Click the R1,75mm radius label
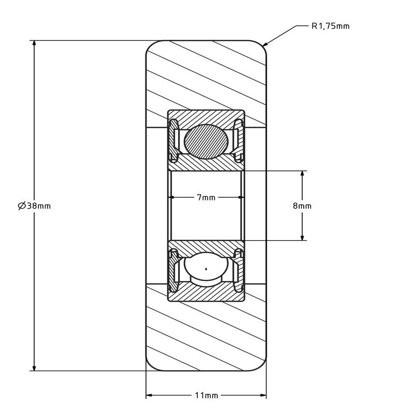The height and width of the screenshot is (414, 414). tap(330, 26)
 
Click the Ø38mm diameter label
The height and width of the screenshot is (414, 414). tap(35, 205)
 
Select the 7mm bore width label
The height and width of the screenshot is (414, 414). tap(206, 198)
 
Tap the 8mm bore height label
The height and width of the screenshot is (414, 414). tap(302, 205)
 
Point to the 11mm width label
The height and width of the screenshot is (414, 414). tap(206, 396)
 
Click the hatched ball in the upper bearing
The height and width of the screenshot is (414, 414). tap(206, 141)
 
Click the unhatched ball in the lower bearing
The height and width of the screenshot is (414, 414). tap(206, 269)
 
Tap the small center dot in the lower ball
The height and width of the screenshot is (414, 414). tap(206, 269)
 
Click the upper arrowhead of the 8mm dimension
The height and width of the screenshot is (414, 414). tap(302, 174)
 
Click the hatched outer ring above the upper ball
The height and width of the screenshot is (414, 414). tap(206, 115)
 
